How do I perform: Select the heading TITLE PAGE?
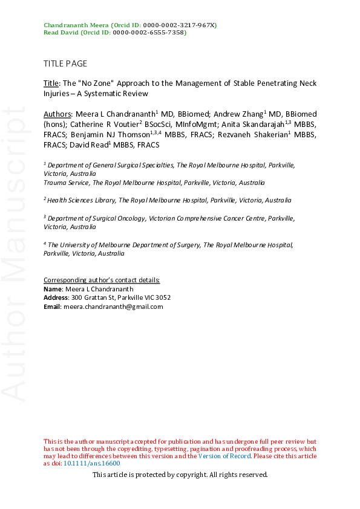65,63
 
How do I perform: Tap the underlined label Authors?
57,114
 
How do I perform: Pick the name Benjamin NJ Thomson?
111,134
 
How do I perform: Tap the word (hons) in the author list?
53,124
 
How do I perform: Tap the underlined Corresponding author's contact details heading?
102,280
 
